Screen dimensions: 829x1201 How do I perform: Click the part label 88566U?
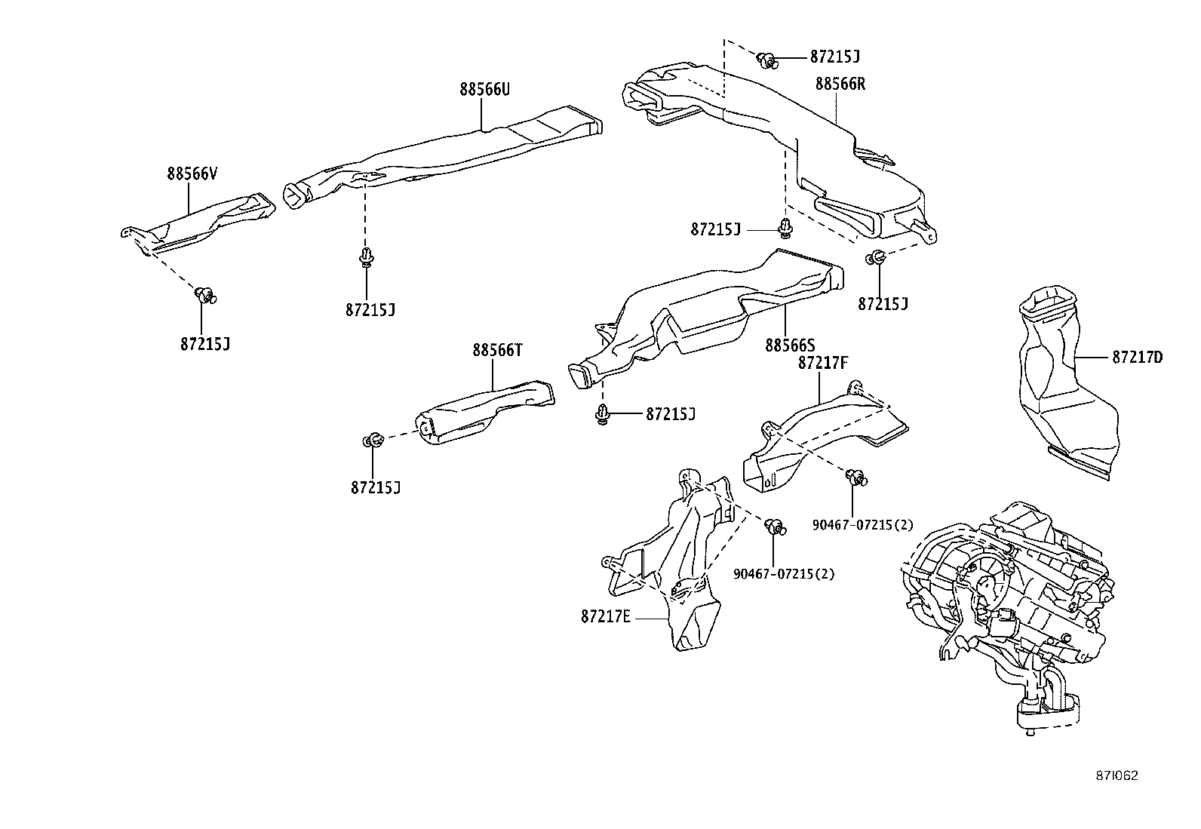click(x=485, y=90)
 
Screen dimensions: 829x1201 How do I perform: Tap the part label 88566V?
click(x=192, y=173)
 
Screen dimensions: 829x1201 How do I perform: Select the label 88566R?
click(x=840, y=84)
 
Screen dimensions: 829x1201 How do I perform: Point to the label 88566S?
click(x=790, y=345)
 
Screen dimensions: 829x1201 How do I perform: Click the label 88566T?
click(x=498, y=350)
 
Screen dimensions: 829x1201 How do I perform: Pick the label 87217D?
click(x=1136, y=358)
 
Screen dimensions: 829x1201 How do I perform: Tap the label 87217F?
click(x=823, y=364)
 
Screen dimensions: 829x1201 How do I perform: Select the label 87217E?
click(x=605, y=616)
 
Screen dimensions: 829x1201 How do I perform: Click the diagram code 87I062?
click(x=1117, y=775)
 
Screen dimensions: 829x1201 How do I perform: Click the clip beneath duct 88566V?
click(x=204, y=294)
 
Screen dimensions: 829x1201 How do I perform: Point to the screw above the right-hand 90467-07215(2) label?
click(x=855, y=477)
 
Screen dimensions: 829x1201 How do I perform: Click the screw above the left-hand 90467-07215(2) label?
click(x=774, y=527)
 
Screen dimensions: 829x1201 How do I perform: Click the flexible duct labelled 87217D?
click(x=1065, y=385)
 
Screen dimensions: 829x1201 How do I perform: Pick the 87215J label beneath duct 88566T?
click(x=375, y=487)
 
